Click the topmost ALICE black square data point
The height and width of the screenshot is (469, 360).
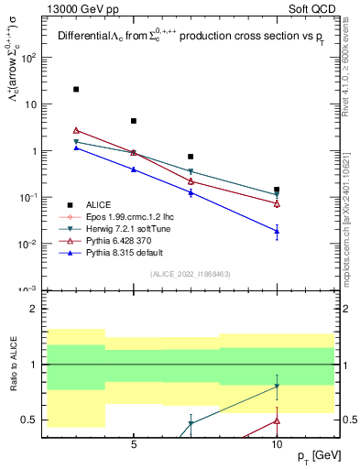coord(76,90)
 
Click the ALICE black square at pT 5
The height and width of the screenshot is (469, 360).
coord(134,121)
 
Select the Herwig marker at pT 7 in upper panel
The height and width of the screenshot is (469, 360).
coord(191,171)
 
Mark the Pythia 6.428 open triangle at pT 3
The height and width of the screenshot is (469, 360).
coord(76,130)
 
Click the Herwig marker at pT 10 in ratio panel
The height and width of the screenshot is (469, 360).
coord(277,387)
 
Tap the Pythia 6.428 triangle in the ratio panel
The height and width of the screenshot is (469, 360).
coord(277,421)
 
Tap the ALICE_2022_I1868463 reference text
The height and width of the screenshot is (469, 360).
coord(191,274)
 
